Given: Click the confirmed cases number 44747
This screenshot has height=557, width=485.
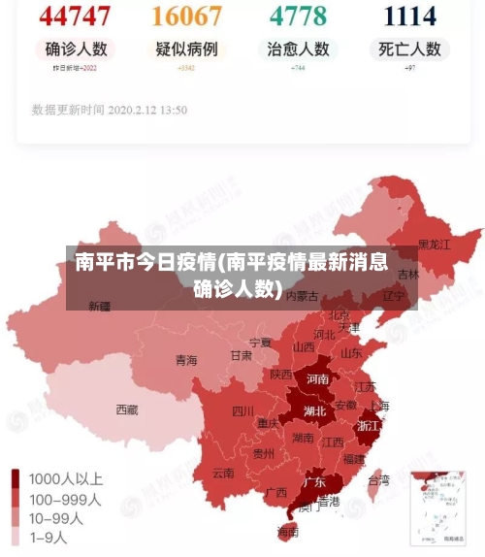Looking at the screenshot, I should point(76,16).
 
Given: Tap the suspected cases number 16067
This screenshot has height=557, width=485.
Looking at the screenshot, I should point(187,16).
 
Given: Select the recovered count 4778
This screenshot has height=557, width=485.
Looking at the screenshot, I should point(298,16).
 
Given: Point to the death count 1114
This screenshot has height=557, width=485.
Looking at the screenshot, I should point(409,16).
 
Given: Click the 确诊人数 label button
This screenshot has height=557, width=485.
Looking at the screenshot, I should point(76,49).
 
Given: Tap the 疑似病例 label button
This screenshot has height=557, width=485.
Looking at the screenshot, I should point(187,49).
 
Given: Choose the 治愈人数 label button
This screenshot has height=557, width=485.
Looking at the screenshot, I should point(298,49).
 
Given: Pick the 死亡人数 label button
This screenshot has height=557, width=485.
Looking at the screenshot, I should point(409,49).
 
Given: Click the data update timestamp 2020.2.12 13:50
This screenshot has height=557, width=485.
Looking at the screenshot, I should point(109,110).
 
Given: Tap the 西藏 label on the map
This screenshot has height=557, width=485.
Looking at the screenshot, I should point(127,410).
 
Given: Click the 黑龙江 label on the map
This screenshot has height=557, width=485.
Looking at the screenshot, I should point(434,245).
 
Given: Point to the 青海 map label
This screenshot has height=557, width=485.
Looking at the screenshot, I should point(186,360).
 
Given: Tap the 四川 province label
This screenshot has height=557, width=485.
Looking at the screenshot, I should point(242,410).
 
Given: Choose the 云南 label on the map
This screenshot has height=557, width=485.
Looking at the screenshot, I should point(222,474).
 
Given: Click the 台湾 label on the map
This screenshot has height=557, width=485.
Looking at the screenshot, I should point(378,479).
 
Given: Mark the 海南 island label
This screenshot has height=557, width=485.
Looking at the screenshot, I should point(288,531).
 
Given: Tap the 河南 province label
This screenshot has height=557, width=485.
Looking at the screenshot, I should point(316,379).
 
